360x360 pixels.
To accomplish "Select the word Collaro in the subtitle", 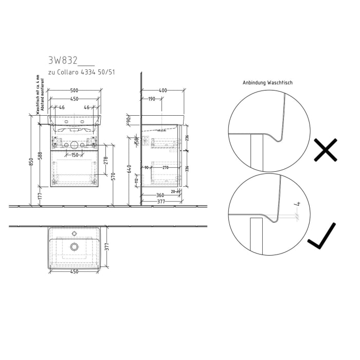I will [69, 73].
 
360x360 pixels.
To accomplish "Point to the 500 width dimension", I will [74, 91].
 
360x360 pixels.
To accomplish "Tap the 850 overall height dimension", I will [32, 161].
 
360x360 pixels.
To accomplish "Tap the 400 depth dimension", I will [163, 91].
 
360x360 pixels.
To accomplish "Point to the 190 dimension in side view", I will [152, 99].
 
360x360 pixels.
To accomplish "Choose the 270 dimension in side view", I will [165, 168].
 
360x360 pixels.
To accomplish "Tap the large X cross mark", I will [326, 150].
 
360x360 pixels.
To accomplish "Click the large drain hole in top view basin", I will [75, 247].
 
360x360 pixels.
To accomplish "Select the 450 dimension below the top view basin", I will [74, 272].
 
